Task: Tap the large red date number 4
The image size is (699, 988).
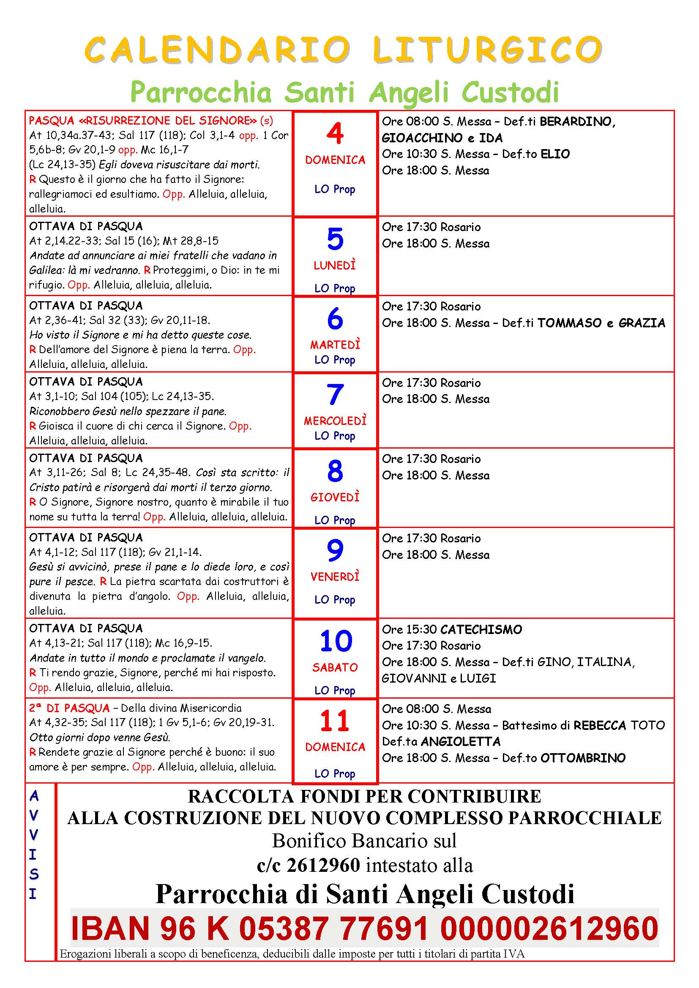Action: (335, 133)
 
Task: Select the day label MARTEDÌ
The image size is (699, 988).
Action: (335, 345)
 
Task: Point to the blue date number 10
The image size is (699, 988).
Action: (336, 641)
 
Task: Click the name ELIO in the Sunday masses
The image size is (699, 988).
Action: (555, 154)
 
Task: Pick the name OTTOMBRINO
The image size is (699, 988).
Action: (582, 758)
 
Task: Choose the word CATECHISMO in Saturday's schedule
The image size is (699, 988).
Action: (481, 629)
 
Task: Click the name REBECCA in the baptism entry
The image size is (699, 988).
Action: (600, 726)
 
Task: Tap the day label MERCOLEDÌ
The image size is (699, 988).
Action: (335, 421)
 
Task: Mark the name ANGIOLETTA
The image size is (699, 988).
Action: (461, 741)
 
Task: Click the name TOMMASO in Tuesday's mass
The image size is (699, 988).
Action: (569, 323)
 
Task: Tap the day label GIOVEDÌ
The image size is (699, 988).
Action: (335, 498)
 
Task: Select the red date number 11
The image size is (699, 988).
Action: (334, 721)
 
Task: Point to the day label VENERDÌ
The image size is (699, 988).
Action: (335, 577)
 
